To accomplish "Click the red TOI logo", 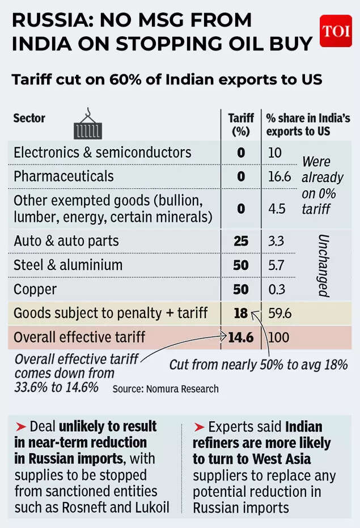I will click(336, 31).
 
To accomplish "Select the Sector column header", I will click(29, 119).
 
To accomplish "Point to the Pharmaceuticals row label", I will click(63, 176).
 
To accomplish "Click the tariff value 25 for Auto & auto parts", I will click(241, 241).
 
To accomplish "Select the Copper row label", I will click(35, 289).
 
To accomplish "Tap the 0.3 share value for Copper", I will click(277, 289).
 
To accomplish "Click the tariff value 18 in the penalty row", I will click(241, 313).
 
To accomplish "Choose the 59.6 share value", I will click(279, 313).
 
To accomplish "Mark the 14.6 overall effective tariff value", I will click(241, 337).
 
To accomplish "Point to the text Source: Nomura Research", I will click(165, 389).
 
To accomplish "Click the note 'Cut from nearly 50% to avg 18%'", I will click(258, 364).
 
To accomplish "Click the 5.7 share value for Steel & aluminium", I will click(277, 265).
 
